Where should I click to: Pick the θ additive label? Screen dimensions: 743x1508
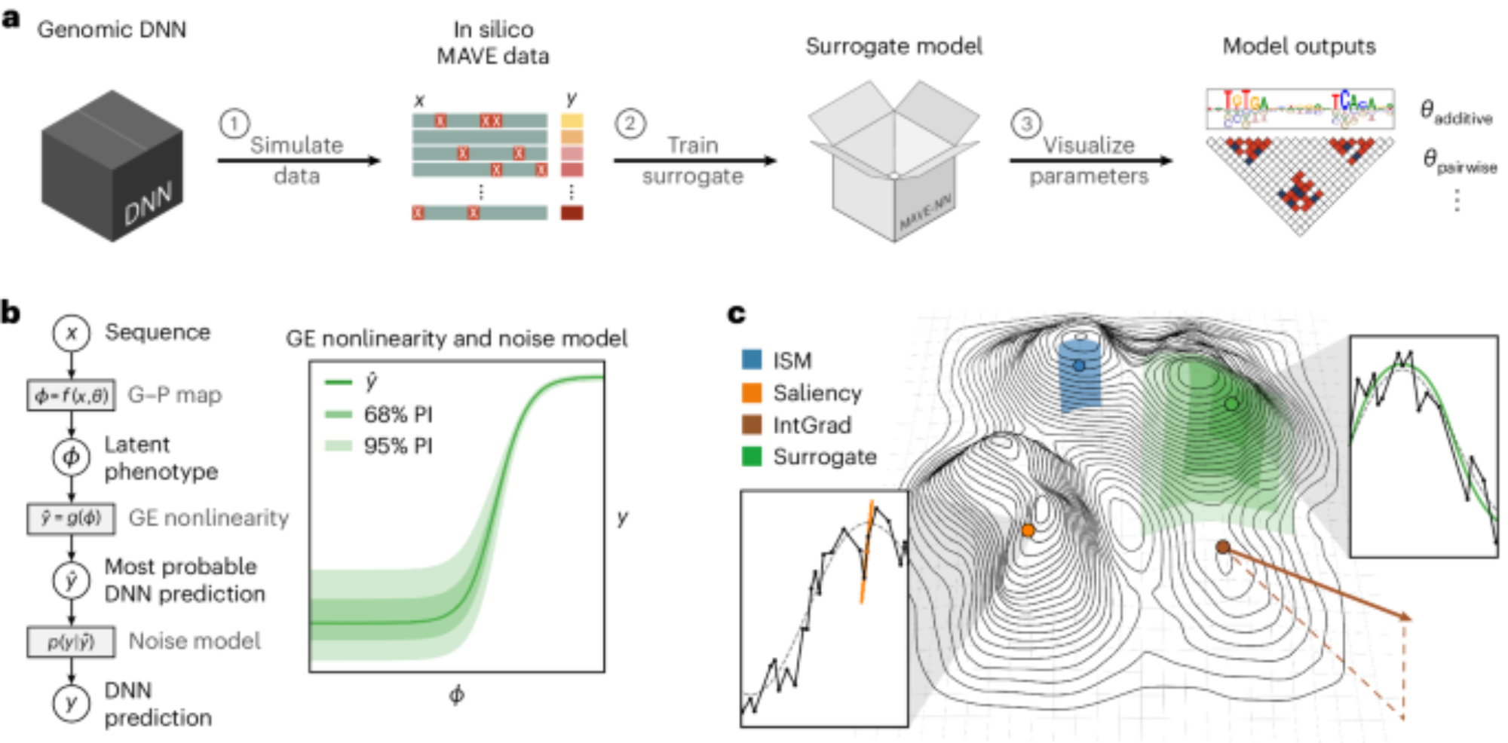click(x=1456, y=113)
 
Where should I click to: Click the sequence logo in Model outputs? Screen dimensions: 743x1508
click(x=1300, y=109)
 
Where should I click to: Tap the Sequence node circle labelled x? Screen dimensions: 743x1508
click(x=72, y=333)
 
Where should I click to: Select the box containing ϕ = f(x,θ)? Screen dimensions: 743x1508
click(x=72, y=395)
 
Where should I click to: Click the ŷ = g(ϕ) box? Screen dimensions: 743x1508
click(x=72, y=518)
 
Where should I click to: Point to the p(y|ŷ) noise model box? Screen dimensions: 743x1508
click(x=72, y=642)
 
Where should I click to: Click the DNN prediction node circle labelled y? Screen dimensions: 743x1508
click(x=72, y=704)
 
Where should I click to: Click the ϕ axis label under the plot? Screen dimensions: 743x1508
click(x=457, y=695)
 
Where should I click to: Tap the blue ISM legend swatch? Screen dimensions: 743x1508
click(x=752, y=359)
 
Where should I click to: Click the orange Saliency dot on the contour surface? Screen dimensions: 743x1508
click(x=1028, y=530)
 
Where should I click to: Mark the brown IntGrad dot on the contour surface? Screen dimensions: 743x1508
click(x=1223, y=547)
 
